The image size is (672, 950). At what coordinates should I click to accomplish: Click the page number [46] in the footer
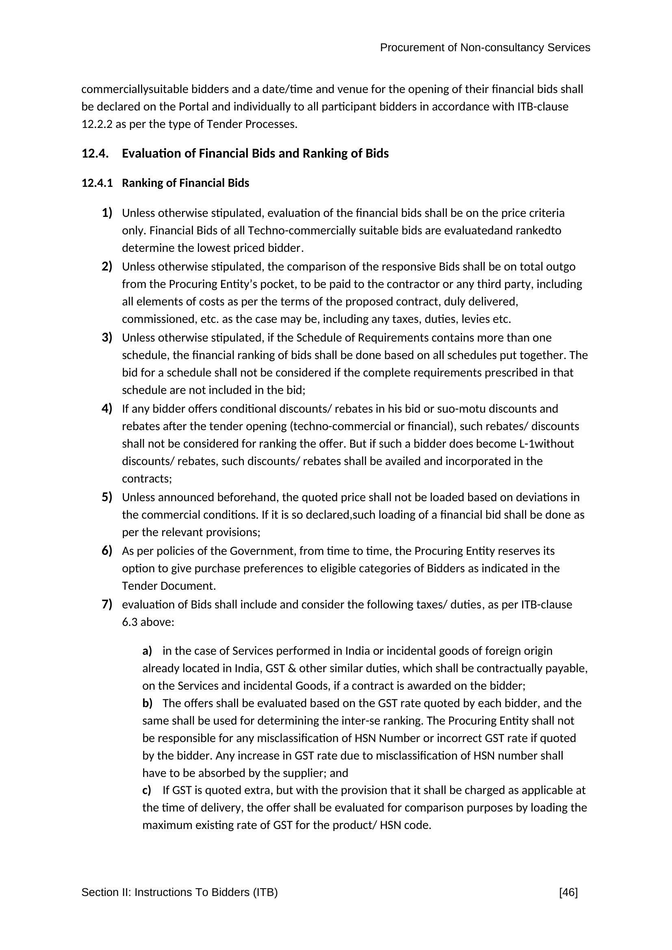[x=568, y=892]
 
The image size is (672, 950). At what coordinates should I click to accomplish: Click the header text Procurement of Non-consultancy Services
[x=485, y=48]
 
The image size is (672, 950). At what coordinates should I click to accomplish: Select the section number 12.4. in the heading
[x=95, y=154]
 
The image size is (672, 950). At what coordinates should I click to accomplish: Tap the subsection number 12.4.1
[x=97, y=183]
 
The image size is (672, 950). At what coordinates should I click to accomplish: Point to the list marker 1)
[x=107, y=213]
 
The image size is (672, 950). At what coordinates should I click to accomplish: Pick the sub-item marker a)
[x=147, y=651]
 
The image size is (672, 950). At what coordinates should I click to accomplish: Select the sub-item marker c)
[x=147, y=790]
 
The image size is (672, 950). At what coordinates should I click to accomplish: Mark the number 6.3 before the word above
[x=130, y=622]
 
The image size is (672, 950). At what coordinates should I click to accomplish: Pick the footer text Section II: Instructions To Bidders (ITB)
[x=179, y=892]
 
